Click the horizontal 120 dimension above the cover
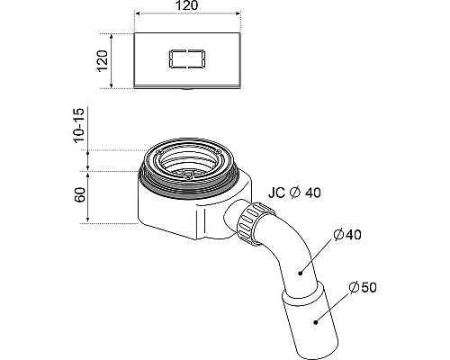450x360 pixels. point(188,7)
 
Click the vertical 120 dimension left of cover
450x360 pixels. point(102,60)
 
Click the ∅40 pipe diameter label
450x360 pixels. point(347,235)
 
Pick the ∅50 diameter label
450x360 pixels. point(362,287)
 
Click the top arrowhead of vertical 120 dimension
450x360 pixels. point(112,37)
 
